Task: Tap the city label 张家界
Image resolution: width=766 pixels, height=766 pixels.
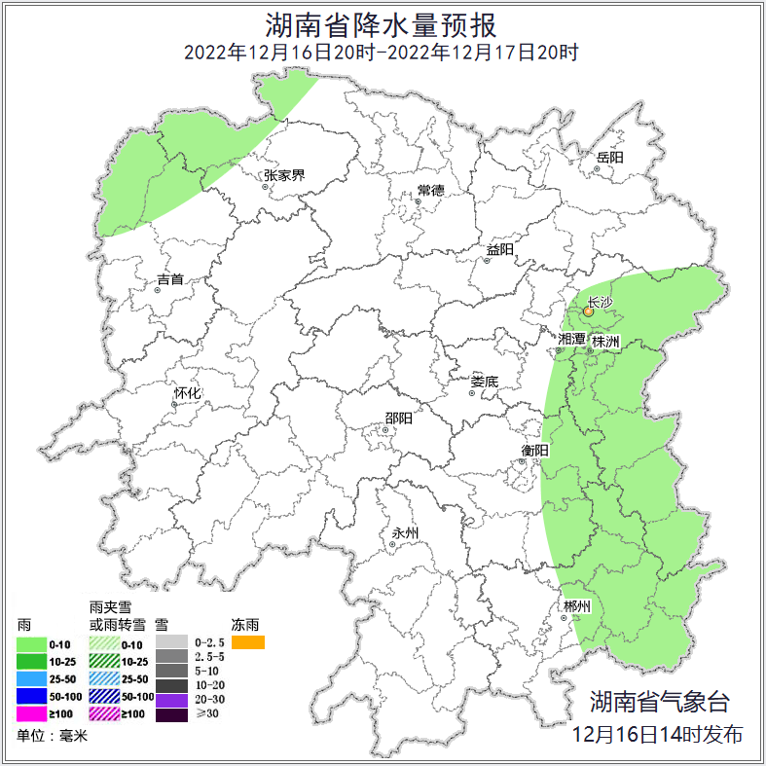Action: click(284, 176)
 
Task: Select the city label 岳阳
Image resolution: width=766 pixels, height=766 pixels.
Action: click(610, 157)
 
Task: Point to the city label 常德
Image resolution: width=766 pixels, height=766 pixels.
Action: click(430, 190)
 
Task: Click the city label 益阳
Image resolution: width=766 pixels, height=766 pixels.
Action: click(500, 250)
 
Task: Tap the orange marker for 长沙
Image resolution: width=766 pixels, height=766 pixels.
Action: click(588, 312)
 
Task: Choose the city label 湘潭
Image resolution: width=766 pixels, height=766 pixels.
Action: click(572, 340)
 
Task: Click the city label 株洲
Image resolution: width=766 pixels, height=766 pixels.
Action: click(606, 343)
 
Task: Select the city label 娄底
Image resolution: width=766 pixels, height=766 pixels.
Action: click(484, 383)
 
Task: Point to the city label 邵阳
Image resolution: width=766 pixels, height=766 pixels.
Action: click(398, 419)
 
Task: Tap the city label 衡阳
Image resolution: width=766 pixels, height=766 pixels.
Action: click(535, 451)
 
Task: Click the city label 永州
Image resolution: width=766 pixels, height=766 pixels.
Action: click(404, 533)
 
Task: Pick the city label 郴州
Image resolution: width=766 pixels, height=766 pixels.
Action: click(577, 606)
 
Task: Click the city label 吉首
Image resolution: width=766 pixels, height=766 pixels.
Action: click(170, 280)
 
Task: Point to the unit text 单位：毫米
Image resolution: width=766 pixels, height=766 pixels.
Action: click(52, 737)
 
